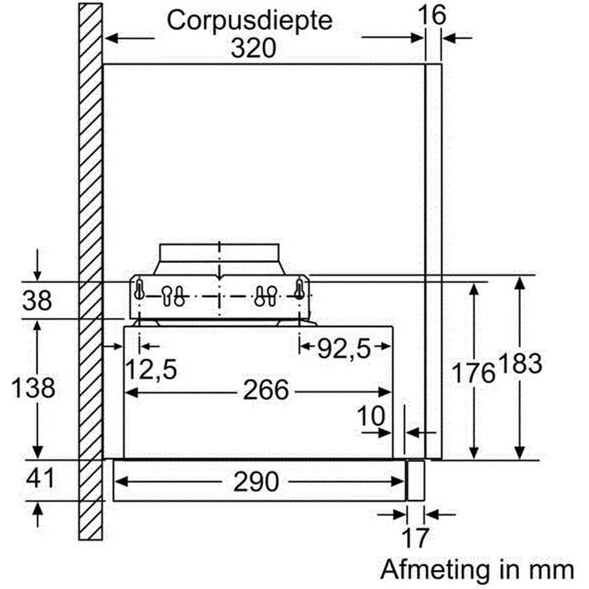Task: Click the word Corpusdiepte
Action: point(249,22)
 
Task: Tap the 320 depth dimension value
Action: point(253,48)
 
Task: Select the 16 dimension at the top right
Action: point(432,15)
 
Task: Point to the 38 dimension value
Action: point(37,300)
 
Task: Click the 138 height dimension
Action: point(33,388)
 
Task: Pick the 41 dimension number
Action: point(40,478)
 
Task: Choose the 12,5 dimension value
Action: point(151,370)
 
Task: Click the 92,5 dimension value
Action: point(344,349)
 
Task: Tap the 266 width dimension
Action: point(266,390)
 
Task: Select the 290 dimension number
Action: point(256,482)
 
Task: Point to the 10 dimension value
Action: point(371,416)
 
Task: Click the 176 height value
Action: point(473,373)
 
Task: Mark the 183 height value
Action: point(520,363)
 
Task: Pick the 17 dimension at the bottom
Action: point(415,538)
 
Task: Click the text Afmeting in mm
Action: point(477,570)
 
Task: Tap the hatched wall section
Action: point(90,272)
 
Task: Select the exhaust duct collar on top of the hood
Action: point(219,259)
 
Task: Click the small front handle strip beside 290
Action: point(416,480)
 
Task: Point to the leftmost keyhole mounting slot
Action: point(139,289)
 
